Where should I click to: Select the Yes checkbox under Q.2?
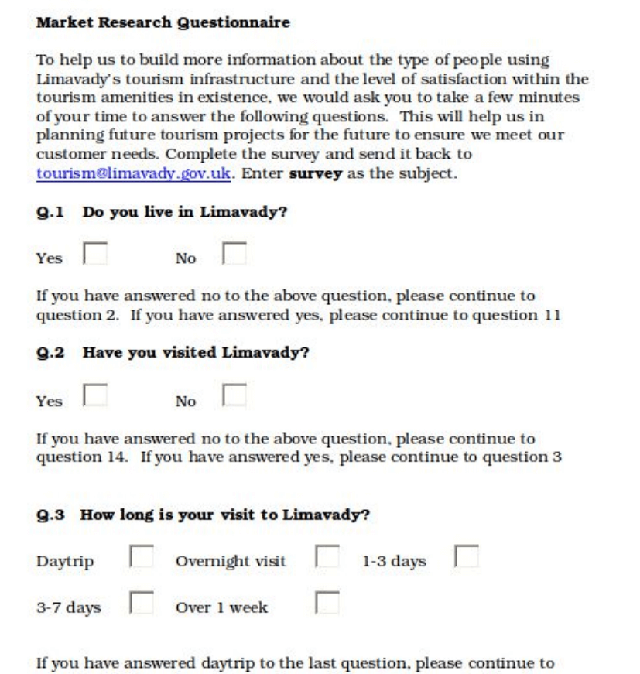pos(95,397)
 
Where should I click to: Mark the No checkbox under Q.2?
pos(234,397)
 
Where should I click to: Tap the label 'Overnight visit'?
pos(231,562)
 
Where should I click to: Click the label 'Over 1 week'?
pos(221,607)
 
